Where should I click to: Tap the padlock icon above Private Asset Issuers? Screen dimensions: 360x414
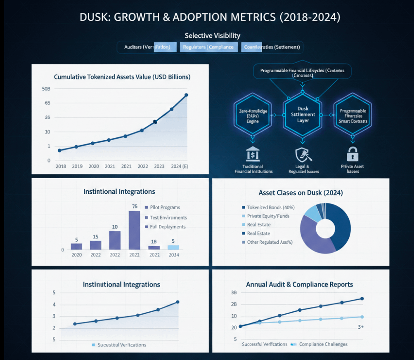pyautogui.click(x=353, y=155)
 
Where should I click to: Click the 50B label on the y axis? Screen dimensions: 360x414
pyautogui.click(x=46, y=89)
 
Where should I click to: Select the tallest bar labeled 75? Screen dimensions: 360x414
pyautogui.click(x=135, y=230)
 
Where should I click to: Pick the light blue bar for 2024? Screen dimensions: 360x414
pyautogui.click(x=173, y=247)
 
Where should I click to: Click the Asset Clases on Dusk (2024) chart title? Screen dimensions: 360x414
pyautogui.click(x=300, y=193)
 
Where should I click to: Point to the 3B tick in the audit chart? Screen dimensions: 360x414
pyautogui.click(x=234, y=293)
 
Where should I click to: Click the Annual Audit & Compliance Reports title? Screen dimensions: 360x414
pyautogui.click(x=299, y=285)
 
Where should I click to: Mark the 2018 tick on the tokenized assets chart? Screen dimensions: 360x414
pyautogui.click(x=61, y=166)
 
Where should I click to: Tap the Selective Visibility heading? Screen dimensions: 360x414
pyautogui.click(x=213, y=35)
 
